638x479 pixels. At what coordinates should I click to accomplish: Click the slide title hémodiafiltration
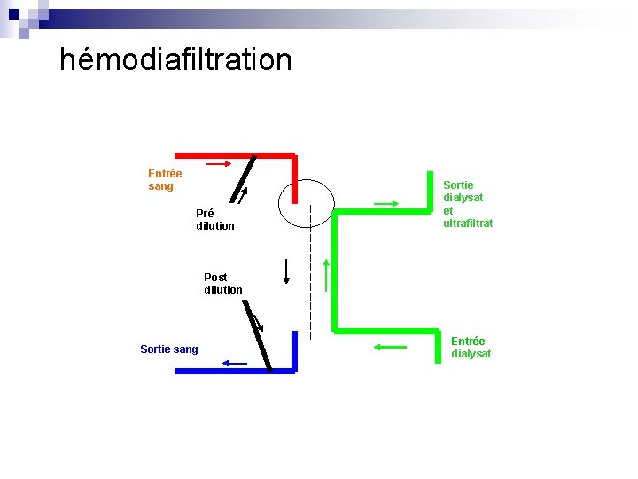tap(175, 59)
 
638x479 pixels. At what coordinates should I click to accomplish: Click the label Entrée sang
tap(165, 180)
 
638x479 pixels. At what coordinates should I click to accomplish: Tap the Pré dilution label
tap(215, 220)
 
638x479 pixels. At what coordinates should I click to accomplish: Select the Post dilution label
tap(222, 284)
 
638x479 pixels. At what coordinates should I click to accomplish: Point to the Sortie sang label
tap(169, 349)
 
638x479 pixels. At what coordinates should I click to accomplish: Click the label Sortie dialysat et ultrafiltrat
tap(468, 204)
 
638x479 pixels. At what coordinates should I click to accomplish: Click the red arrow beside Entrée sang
tap(219, 164)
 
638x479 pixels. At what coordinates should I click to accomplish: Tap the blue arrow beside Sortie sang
tap(235, 362)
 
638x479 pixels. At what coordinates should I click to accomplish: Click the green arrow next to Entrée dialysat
tap(390, 347)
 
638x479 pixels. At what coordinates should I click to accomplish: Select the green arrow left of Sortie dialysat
tap(387, 204)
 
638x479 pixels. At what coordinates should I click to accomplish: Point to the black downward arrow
tap(286, 271)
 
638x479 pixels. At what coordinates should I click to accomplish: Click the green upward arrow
tap(327, 275)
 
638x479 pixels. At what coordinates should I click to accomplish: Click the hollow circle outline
tap(306, 203)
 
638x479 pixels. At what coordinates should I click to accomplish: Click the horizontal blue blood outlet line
tap(235, 372)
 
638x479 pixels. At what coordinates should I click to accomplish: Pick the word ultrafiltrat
tap(468, 224)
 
